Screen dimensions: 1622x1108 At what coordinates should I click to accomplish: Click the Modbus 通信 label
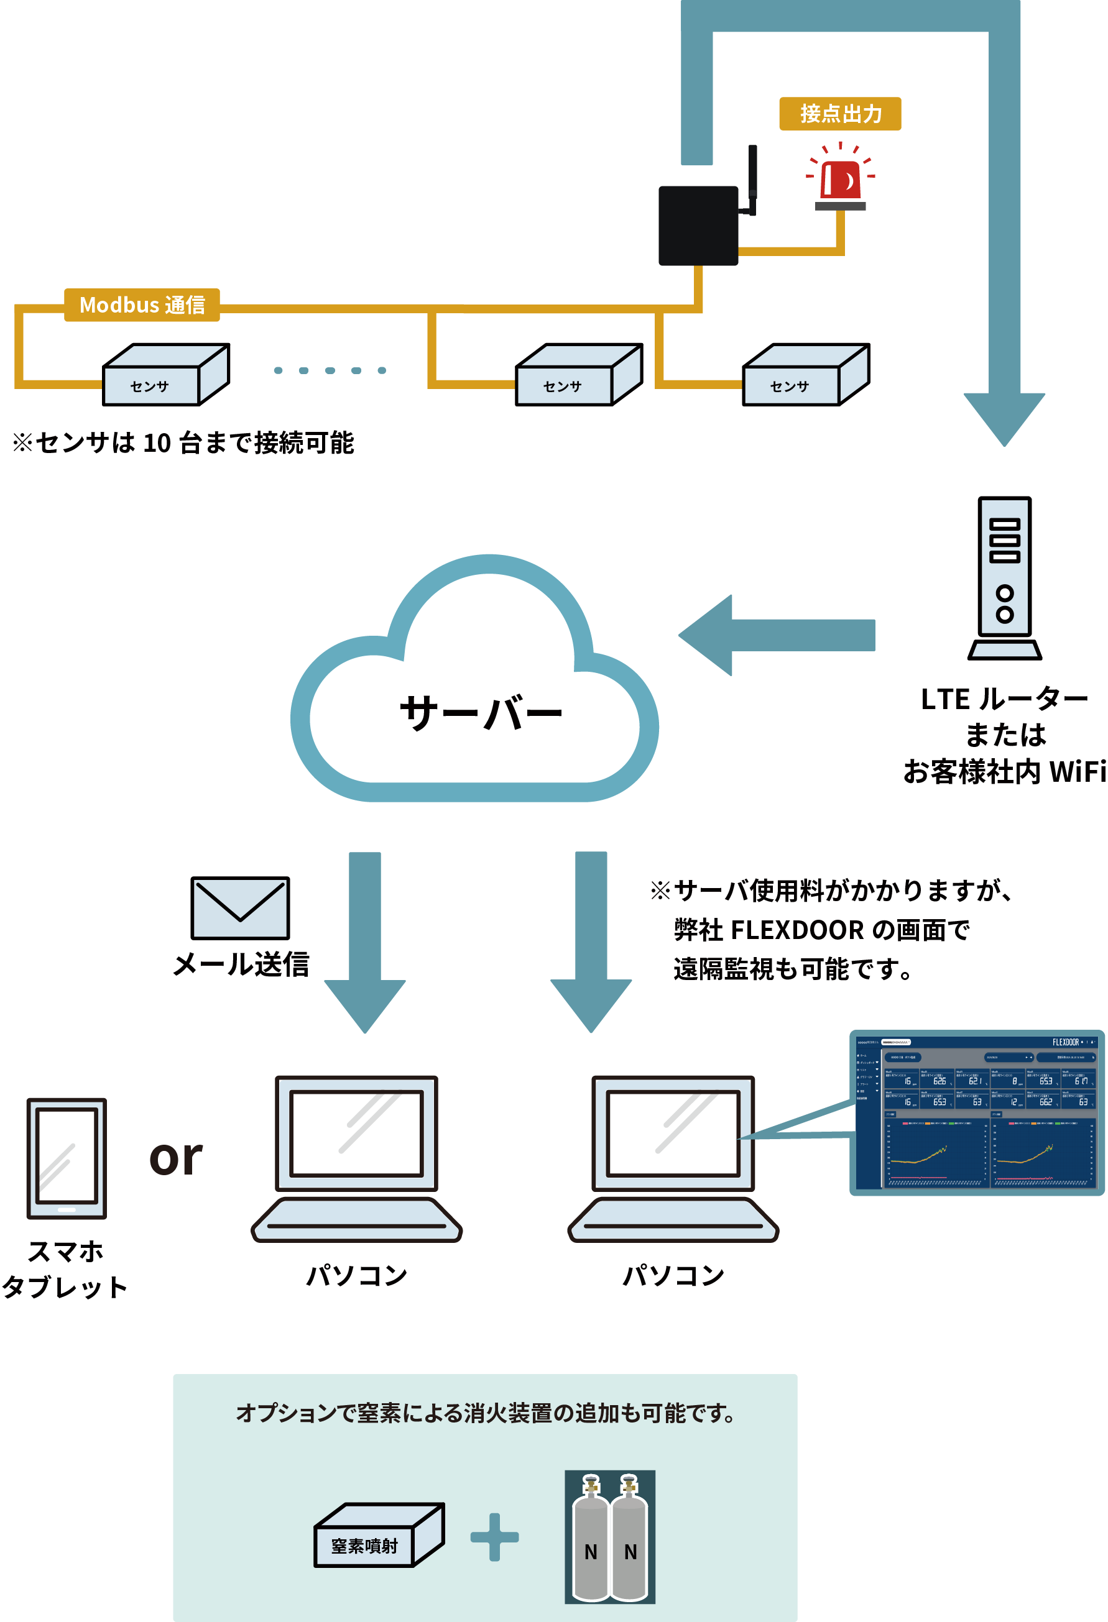(x=142, y=305)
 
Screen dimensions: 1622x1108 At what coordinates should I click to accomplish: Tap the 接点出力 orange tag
(x=840, y=113)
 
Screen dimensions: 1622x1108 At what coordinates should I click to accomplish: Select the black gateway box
(x=698, y=226)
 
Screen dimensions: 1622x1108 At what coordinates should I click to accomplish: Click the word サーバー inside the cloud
(x=481, y=713)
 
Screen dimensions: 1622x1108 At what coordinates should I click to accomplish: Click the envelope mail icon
(x=240, y=907)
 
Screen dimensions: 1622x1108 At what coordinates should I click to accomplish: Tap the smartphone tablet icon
(x=67, y=1158)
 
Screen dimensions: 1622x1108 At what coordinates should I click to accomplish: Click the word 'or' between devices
(x=176, y=1158)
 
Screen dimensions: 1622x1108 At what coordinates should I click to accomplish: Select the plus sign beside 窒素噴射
(x=494, y=1537)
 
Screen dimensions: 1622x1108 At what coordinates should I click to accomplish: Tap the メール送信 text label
(x=240, y=964)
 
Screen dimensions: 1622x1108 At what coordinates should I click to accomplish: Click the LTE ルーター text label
(x=1004, y=699)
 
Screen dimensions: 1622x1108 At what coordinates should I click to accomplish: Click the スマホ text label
(x=66, y=1252)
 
